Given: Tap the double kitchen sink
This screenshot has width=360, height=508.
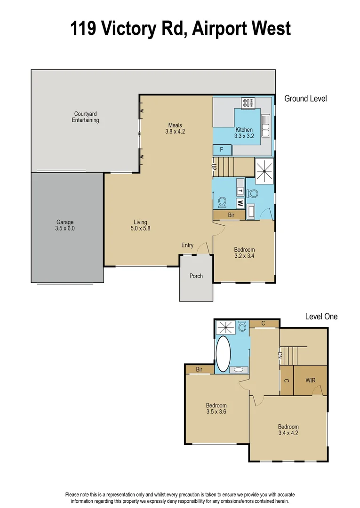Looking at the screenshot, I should point(266,126).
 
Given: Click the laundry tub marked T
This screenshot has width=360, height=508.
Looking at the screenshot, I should point(240,191).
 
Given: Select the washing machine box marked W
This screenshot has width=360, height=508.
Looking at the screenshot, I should point(240,203).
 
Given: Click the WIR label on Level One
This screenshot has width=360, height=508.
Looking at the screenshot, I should point(310,380).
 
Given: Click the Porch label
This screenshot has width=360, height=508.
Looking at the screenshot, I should point(196,276).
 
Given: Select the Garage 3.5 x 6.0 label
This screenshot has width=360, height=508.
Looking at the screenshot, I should point(65,225).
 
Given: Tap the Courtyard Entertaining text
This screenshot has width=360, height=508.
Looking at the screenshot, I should point(86,117).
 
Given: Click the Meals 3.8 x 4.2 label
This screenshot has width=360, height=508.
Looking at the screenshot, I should point(175,128).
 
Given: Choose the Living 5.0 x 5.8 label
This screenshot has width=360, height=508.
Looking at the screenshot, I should point(140,225).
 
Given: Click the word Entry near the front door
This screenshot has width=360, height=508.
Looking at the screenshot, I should point(187,245).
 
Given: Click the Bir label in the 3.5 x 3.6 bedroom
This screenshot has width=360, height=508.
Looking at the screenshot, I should point(200,370).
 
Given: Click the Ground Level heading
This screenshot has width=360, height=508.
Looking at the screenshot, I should point(305,99).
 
